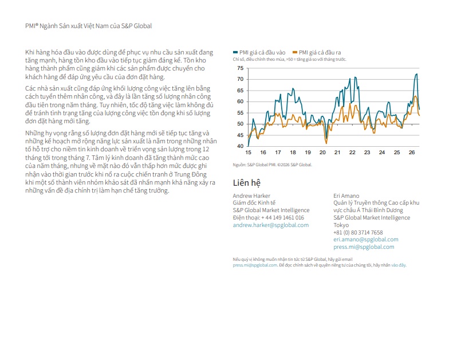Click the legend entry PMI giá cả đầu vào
pyautogui.click(x=259, y=52)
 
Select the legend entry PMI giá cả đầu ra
pyautogui.click(x=317, y=52)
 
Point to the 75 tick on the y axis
pyautogui.click(x=241, y=68)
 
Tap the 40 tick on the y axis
pyautogui.click(x=241, y=146)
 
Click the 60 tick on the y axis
pyautogui.click(x=241, y=101)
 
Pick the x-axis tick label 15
pyautogui.click(x=248, y=152)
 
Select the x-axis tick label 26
pyautogui.click(x=412, y=152)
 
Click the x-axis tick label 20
pyautogui.click(x=322, y=152)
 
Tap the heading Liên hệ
pyautogui.click(x=247, y=183)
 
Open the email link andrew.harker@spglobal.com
pyautogui.click(x=271, y=225)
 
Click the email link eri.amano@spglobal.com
pyautogui.click(x=366, y=240)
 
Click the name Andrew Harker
pyautogui.click(x=251, y=195)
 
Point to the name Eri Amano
pyautogui.click(x=346, y=195)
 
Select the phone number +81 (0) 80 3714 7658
pyautogui.click(x=358, y=233)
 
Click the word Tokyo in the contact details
pyautogui.click(x=341, y=225)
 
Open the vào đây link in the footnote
pyautogui.click(x=399, y=265)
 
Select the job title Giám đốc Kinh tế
pyautogui.click(x=254, y=203)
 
